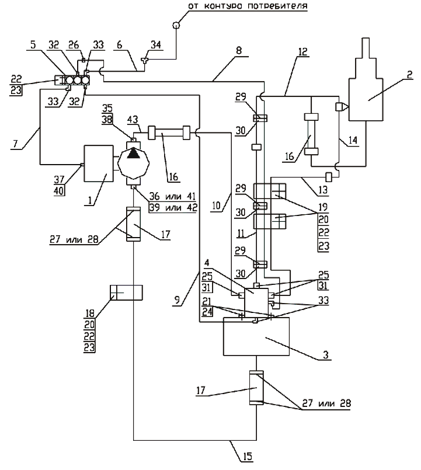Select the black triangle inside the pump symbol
coord(134,154)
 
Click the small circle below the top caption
coord(176,25)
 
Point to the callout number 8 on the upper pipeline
coord(239,50)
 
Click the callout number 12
coord(303,51)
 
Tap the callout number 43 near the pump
coord(133,120)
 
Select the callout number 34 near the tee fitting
coord(156,45)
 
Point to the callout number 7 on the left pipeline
coord(16,144)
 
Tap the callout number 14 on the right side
coord(353,140)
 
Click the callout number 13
coord(323,190)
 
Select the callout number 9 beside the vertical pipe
coord(178,300)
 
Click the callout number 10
coord(216,206)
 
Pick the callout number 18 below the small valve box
coord(90,314)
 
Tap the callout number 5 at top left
coord(33,44)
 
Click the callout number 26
coord(74,45)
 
